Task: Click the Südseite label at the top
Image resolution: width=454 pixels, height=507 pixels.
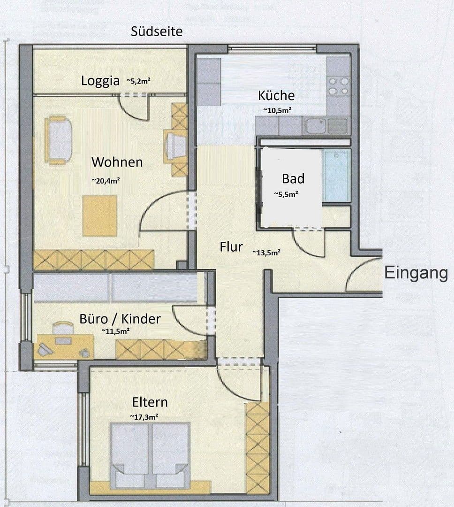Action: [157, 32]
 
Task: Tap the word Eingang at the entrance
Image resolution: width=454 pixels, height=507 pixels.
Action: [416, 273]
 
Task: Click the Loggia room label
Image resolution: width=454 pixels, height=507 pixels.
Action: [100, 81]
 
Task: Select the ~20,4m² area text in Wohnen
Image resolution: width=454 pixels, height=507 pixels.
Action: [106, 179]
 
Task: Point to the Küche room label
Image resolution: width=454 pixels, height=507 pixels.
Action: [276, 96]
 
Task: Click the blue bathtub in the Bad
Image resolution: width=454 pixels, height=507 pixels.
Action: [336, 176]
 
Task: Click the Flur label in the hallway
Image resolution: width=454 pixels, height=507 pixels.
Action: [231, 247]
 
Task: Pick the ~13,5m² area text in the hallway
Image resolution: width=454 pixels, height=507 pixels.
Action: [266, 253]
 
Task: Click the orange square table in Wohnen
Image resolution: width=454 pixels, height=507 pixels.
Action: [99, 215]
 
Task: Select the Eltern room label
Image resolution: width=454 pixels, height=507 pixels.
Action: [150, 402]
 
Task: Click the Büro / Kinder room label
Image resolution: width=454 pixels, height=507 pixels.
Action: [120, 319]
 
